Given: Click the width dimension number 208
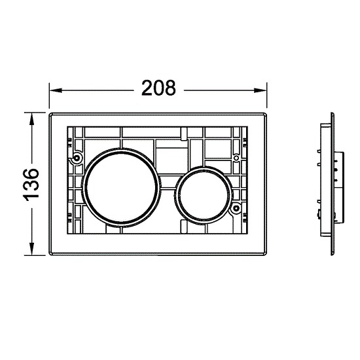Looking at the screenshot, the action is (x=158, y=88).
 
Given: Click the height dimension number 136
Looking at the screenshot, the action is (x=31, y=185).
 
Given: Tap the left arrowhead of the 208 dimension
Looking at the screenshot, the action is (x=56, y=90).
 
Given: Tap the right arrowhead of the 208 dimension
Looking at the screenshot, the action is (x=260, y=90).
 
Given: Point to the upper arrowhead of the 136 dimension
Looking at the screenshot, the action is (x=31, y=118).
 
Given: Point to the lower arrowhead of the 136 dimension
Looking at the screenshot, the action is (x=31, y=249).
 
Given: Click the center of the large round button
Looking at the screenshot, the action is (x=122, y=187).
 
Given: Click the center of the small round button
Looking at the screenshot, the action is (x=204, y=195).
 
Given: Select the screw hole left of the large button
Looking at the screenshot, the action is (x=77, y=158).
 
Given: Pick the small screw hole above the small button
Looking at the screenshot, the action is (x=236, y=158).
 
